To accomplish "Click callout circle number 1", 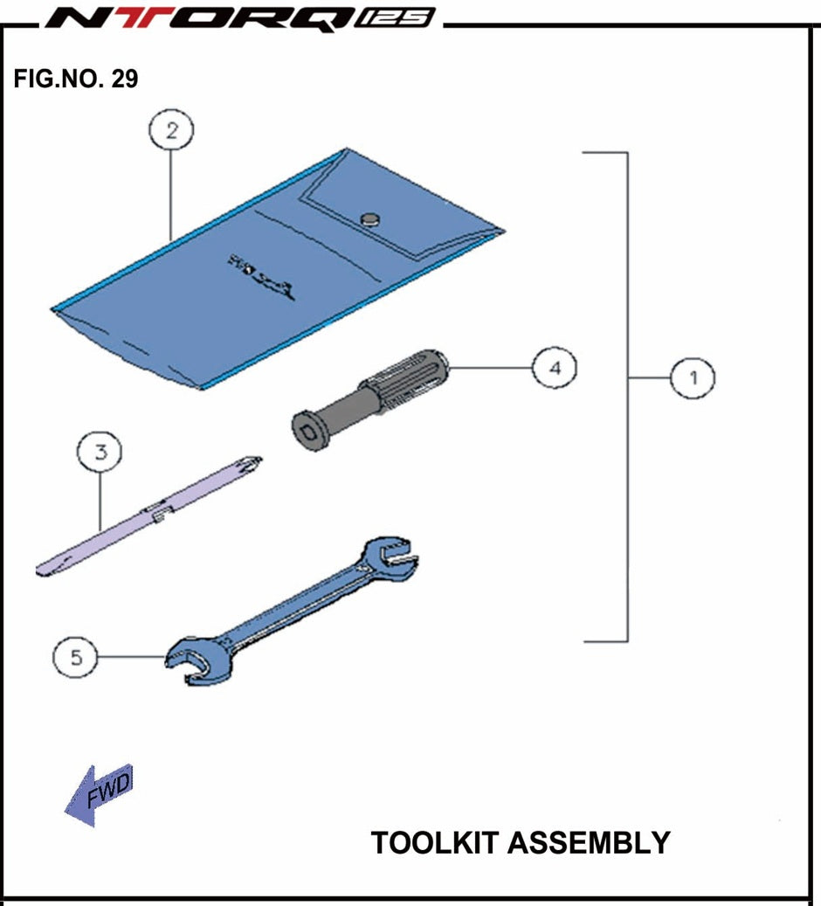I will [693, 378].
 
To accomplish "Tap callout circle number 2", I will [170, 131].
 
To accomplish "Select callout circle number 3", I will [100, 453].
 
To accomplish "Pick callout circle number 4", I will [555, 369].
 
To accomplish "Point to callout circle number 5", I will [76, 657].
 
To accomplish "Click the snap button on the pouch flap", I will [372, 218].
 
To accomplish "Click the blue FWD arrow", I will [99, 794].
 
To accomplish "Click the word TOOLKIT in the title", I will [435, 843].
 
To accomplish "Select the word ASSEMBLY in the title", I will [589, 843].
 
